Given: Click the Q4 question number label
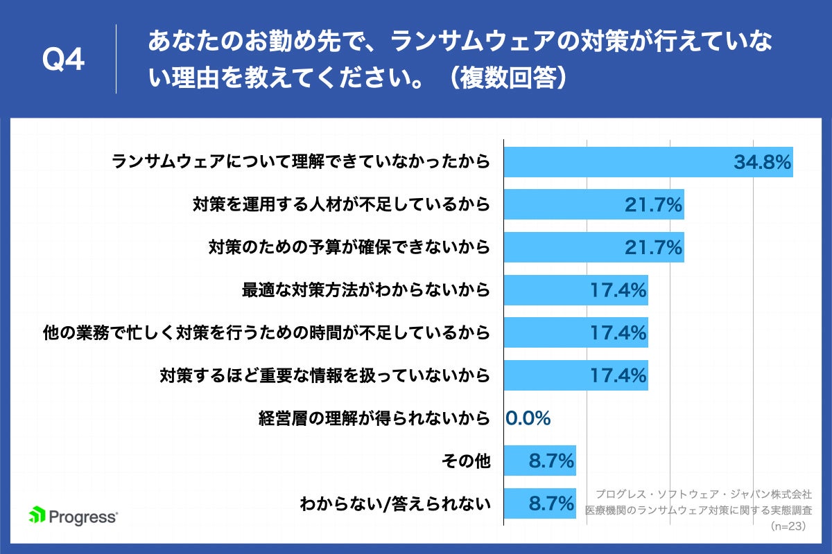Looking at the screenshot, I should click(63, 60).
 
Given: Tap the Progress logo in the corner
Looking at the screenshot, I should click(73, 517).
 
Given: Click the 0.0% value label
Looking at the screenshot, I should click(528, 418).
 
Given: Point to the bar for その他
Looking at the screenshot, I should click(539, 461).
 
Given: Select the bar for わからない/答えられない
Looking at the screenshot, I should click(539, 503).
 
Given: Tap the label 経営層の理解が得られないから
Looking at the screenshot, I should click(374, 418).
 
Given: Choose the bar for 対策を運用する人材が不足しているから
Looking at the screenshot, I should click(593, 205).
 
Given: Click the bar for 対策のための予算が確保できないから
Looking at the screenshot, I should click(593, 247).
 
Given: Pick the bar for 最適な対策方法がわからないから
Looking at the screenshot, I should click(575, 290).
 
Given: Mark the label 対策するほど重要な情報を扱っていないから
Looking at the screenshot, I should click(325, 375).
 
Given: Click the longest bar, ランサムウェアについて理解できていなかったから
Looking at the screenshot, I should click(648, 163).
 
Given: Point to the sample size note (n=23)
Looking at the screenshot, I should click(790, 526).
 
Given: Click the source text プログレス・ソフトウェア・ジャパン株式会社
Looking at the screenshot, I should click(704, 494).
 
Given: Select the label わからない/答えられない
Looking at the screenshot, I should click(395, 503).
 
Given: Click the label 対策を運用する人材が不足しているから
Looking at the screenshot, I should click(341, 205).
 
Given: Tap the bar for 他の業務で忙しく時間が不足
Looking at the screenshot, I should click(575, 332).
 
